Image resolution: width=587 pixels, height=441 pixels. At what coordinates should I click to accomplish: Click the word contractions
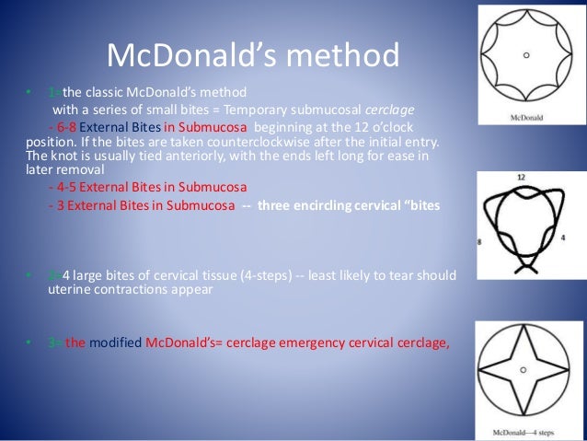164,291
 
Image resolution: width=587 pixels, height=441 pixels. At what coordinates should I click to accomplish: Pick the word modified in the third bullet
116,343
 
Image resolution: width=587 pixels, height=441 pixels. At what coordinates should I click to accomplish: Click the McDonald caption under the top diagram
525,118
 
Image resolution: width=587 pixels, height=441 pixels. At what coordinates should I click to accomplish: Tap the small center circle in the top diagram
526,55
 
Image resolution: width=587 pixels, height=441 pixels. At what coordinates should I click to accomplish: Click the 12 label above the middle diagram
521,175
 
